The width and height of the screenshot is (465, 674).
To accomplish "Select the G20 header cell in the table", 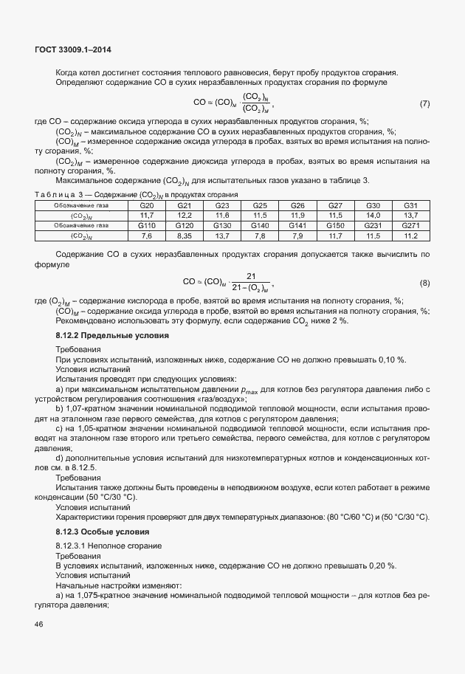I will (x=147, y=205).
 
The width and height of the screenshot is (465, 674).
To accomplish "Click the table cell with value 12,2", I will (x=185, y=215).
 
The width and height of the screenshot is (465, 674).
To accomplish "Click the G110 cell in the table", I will (x=147, y=225).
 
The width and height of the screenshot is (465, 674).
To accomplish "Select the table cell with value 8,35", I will (x=185, y=235).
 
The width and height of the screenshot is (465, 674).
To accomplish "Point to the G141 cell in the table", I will (x=297, y=225).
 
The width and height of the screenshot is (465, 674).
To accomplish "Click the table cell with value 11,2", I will (x=411, y=235).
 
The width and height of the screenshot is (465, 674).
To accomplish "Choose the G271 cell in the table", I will (x=411, y=225).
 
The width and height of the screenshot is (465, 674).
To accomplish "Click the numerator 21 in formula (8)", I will (x=240, y=275).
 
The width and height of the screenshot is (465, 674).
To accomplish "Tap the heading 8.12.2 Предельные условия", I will (x=112, y=336).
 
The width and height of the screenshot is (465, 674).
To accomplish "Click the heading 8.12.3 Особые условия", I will (x=103, y=532).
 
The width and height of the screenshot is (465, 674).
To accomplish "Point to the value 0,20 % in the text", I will (x=379, y=565).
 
